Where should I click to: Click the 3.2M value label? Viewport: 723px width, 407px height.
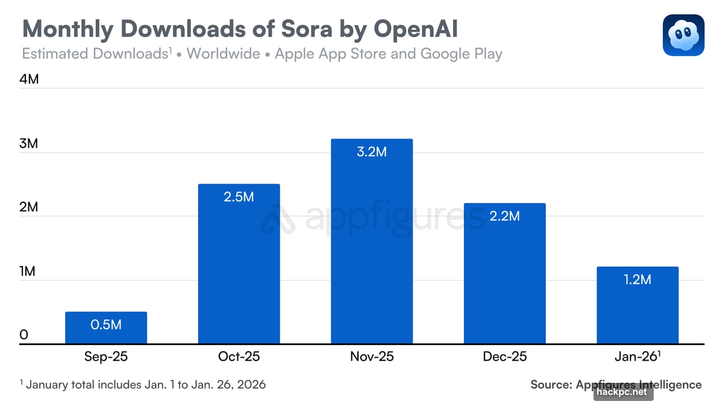372,152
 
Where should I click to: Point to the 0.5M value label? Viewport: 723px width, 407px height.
106,325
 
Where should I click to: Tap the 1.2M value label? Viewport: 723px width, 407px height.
637,279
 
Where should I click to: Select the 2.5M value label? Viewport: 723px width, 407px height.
239,196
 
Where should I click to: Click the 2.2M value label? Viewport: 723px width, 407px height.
504,216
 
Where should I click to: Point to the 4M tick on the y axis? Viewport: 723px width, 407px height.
29,79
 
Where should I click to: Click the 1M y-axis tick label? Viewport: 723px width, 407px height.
28,271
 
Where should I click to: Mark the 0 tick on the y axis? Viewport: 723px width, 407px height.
23,335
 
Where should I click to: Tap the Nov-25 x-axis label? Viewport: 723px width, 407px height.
372,356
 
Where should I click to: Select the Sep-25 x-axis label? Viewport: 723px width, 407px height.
106,356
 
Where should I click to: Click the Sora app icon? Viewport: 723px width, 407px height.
683,36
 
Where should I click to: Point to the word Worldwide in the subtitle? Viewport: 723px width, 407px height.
223,54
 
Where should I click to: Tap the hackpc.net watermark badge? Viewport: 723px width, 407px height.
623,392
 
